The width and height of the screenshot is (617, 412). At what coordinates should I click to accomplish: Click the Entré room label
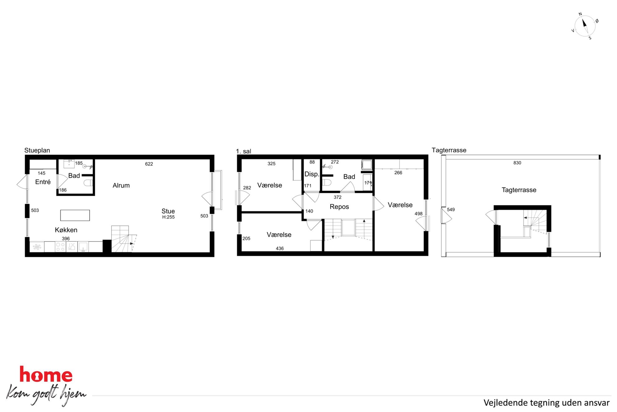click(43, 182)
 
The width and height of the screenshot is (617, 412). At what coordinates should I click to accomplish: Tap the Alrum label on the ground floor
click(121, 185)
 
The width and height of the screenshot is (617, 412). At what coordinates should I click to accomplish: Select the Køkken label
click(66, 230)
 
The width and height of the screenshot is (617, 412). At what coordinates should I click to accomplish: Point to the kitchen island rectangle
click(75, 215)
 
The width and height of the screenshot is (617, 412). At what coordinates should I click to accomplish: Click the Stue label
click(168, 211)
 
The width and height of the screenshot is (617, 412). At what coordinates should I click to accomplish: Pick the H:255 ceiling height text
click(168, 217)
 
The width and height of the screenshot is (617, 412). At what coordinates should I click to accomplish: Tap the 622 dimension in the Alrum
click(149, 164)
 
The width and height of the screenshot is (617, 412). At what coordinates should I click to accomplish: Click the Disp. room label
click(312, 174)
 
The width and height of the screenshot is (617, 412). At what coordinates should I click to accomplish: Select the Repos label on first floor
click(339, 207)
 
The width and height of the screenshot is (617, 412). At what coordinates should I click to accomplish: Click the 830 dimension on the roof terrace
click(517, 163)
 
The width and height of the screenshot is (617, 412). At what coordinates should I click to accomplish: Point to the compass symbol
click(585, 26)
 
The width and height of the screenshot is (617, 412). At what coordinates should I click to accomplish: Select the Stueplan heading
click(37, 150)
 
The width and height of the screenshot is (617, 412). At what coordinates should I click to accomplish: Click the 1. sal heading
click(244, 151)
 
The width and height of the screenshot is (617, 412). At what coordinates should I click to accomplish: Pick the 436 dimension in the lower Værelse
click(280, 249)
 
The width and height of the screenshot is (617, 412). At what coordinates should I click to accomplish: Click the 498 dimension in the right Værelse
click(419, 214)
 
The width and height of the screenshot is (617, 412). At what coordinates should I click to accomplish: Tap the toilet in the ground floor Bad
click(88, 182)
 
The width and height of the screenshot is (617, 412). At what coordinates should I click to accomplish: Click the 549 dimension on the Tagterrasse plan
click(451, 210)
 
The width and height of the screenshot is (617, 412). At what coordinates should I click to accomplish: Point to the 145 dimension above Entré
click(41, 173)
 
